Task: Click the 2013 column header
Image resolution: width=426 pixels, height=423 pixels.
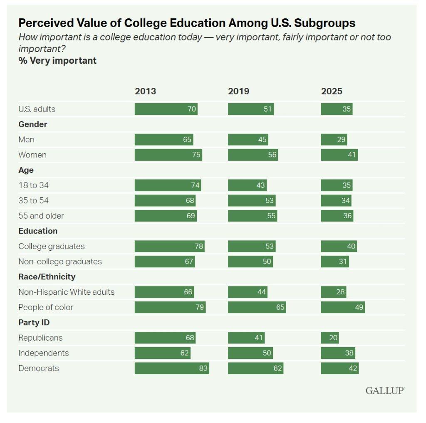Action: [x=145, y=91]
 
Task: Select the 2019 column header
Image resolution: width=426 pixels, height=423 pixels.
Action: [x=238, y=91]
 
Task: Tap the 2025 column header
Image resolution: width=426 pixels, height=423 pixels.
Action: [x=332, y=91]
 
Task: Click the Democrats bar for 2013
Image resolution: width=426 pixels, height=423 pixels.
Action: [x=171, y=368]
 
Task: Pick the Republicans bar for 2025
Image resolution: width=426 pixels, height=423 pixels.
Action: [x=329, y=338]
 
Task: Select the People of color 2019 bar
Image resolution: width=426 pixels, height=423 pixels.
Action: [x=257, y=307]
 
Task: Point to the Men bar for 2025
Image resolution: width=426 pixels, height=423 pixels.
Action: [x=334, y=139]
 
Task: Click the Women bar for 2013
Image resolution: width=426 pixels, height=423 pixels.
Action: [x=168, y=155]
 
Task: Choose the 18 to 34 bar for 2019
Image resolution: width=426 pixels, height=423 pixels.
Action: [x=247, y=185]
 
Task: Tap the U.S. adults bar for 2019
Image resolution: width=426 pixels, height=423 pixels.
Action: [x=250, y=109]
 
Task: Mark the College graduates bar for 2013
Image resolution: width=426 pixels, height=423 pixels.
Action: [x=169, y=246]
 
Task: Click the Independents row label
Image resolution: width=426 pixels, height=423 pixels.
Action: [x=44, y=353]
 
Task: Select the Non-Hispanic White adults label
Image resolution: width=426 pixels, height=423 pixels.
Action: [x=66, y=292]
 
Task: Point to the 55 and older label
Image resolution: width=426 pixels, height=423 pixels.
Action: [x=41, y=216]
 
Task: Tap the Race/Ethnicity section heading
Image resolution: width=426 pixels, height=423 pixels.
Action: [x=47, y=276]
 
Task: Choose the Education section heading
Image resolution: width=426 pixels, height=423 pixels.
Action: [x=38, y=231]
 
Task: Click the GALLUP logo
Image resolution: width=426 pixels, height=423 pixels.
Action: [x=385, y=391]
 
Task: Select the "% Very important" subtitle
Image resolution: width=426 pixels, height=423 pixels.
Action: [x=57, y=61]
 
